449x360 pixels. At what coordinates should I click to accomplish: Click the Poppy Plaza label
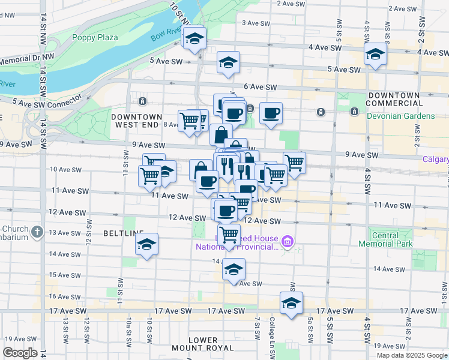(95, 37)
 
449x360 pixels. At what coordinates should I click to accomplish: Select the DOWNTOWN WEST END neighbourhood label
(136, 120)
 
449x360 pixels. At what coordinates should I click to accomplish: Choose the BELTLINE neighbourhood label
(123, 233)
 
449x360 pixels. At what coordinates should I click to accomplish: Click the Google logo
(20, 353)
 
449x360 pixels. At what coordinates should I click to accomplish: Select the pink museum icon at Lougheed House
(288, 242)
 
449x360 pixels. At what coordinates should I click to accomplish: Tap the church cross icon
(37, 231)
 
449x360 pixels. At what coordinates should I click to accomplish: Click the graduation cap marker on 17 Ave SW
(291, 303)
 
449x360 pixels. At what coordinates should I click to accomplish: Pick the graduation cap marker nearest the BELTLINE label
(146, 244)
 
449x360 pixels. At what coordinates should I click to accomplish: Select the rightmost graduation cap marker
(375, 54)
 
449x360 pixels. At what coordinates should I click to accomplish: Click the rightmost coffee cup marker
(271, 112)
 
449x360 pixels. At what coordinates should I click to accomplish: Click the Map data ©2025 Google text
(412, 355)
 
